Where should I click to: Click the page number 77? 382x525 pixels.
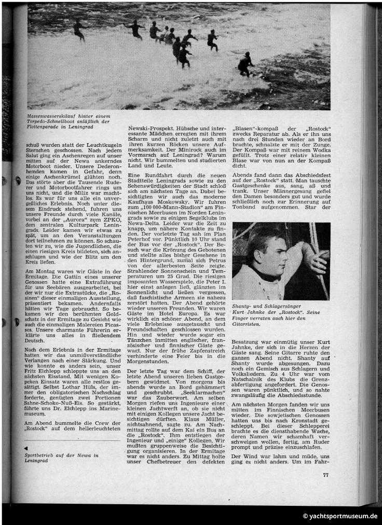pos(325,474)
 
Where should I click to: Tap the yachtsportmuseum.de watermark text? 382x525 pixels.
pos(340,516)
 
